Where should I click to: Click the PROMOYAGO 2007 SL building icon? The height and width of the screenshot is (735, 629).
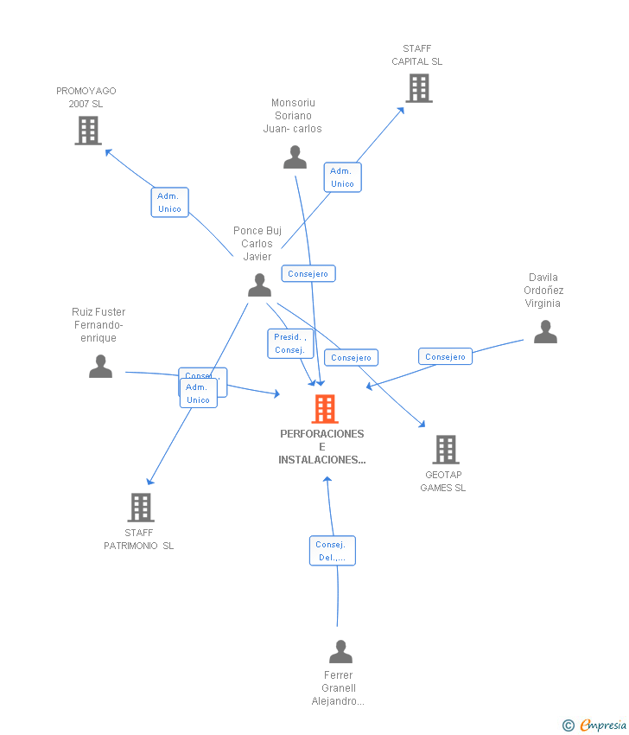(88, 131)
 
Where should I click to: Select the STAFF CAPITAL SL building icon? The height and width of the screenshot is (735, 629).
(418, 88)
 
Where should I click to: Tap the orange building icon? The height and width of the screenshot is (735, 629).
(324, 409)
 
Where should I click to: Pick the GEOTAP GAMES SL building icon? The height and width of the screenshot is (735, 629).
(445, 450)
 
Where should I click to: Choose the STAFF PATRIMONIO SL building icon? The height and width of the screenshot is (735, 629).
(140, 508)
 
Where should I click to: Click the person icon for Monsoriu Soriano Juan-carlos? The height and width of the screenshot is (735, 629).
(295, 157)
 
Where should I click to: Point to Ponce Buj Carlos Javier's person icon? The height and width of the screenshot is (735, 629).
(259, 284)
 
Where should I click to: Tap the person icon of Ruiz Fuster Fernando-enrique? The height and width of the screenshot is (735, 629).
(100, 366)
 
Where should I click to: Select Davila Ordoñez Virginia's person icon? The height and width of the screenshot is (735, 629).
(545, 331)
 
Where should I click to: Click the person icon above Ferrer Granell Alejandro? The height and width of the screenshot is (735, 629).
(340, 651)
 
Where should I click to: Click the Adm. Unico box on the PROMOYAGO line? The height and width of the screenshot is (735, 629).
(169, 202)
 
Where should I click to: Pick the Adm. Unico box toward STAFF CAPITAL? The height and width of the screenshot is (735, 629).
(342, 177)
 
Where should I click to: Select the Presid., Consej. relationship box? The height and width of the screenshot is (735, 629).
(289, 343)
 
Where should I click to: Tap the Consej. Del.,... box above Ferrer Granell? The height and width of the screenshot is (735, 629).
(332, 551)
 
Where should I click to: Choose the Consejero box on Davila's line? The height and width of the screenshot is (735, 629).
(445, 356)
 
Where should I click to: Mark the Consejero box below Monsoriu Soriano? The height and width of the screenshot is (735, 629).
(308, 273)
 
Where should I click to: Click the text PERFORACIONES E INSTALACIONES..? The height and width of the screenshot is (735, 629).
(321, 446)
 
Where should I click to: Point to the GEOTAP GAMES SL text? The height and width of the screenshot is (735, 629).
(443, 482)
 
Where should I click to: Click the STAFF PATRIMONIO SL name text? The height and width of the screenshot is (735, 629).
(139, 540)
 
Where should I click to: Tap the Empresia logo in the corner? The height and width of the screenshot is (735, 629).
(595, 725)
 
